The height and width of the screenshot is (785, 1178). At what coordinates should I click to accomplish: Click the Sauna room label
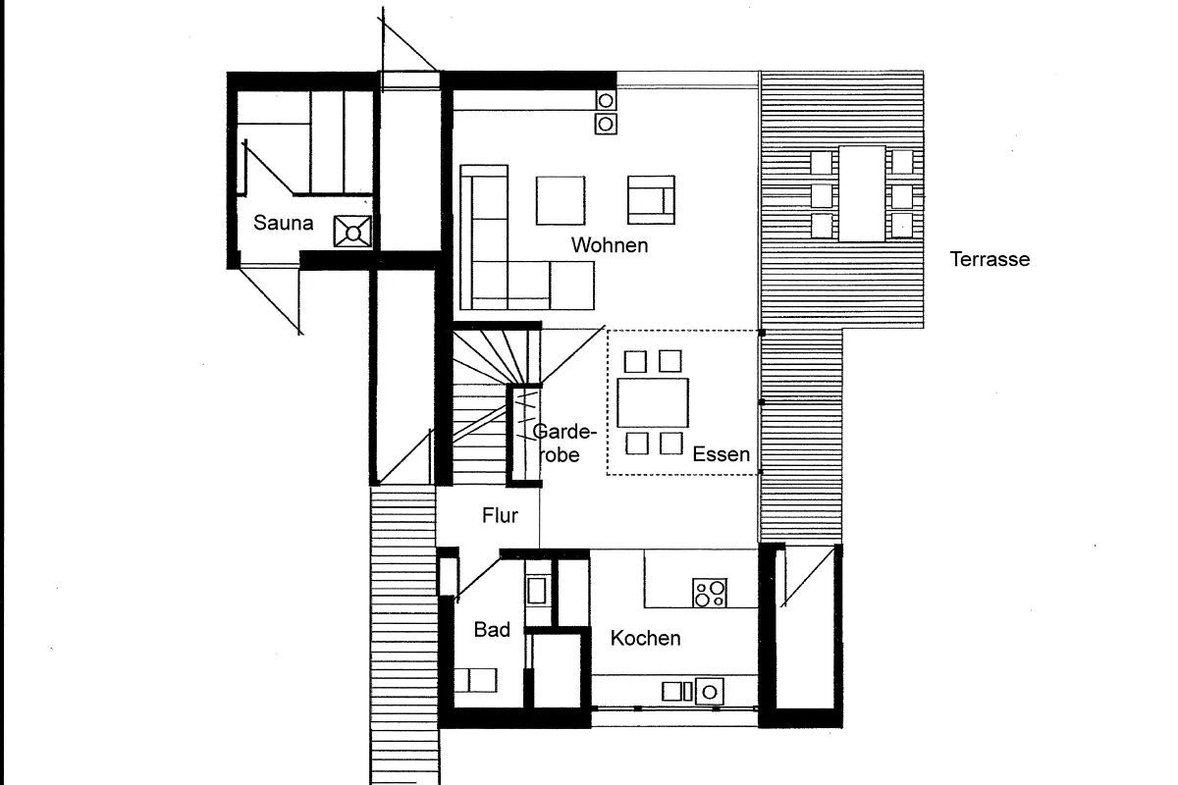click(283, 223)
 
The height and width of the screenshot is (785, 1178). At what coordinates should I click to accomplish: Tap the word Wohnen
click(610, 245)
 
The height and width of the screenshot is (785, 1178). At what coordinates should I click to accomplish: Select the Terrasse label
click(990, 259)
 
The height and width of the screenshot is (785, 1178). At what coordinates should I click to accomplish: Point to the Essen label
click(721, 454)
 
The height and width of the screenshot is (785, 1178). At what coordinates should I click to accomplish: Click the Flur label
click(500, 515)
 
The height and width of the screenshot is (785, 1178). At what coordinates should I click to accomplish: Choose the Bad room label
click(492, 629)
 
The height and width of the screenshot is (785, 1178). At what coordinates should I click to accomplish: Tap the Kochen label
click(645, 639)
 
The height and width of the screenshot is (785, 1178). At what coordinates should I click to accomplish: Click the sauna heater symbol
click(352, 232)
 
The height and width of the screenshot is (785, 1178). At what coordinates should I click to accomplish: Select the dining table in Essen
click(653, 402)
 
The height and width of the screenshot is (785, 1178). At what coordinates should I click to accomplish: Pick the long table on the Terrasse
click(862, 193)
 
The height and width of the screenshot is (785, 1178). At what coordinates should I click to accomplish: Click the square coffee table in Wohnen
click(561, 201)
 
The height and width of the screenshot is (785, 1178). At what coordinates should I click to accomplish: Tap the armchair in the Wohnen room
click(651, 200)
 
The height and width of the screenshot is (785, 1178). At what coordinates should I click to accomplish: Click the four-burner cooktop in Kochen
click(710, 593)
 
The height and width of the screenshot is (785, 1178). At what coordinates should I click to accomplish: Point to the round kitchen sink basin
click(710, 692)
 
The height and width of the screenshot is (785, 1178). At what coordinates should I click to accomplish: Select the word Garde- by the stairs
click(564, 432)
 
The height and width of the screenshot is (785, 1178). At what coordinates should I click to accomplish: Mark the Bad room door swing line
click(478, 579)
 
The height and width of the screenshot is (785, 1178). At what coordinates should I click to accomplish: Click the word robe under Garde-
click(560, 455)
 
